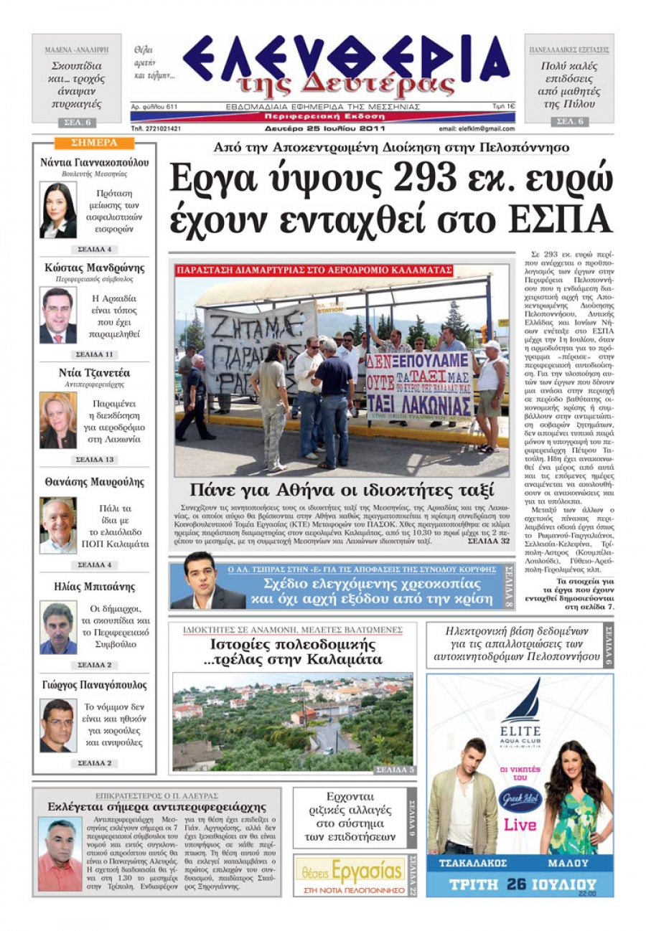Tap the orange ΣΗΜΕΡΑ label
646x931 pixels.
click(95, 142)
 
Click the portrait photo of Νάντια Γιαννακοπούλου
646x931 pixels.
click(57, 210)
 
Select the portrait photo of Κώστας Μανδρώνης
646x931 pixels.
click(57, 315)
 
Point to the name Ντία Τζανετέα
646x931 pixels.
click(94, 373)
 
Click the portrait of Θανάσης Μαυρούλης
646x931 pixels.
click(57, 526)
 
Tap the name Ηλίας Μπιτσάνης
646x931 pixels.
click(94, 586)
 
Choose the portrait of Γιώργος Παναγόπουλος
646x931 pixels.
click(57, 725)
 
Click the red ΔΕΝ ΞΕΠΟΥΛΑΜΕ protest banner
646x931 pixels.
click(418, 384)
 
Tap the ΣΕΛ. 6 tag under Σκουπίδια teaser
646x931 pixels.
click(76, 122)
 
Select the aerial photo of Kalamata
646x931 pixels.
click(293, 721)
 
